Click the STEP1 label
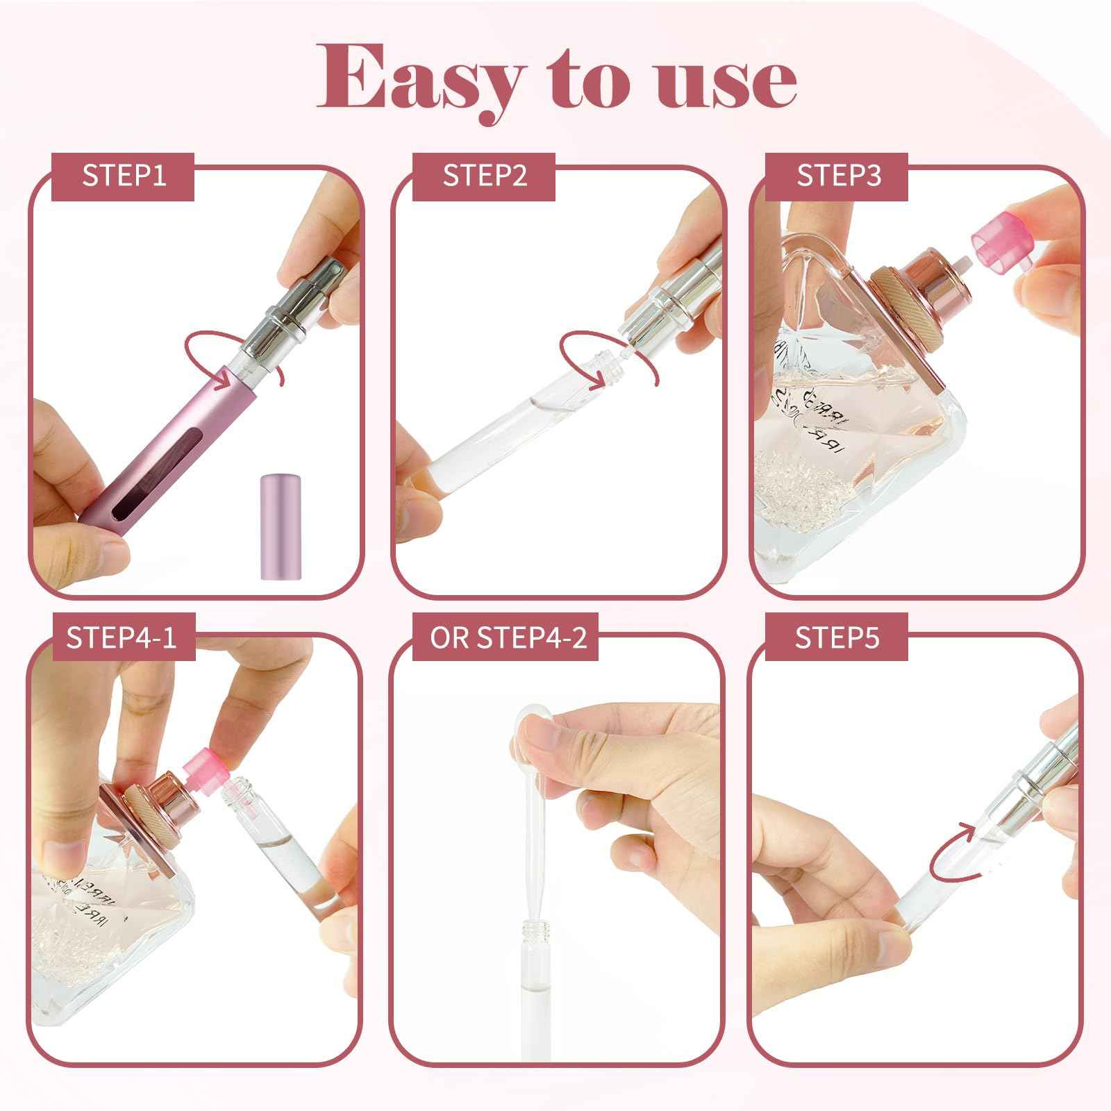[x=124, y=176]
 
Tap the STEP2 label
[x=485, y=176]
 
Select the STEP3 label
[x=838, y=176]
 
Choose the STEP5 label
[x=837, y=637]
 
